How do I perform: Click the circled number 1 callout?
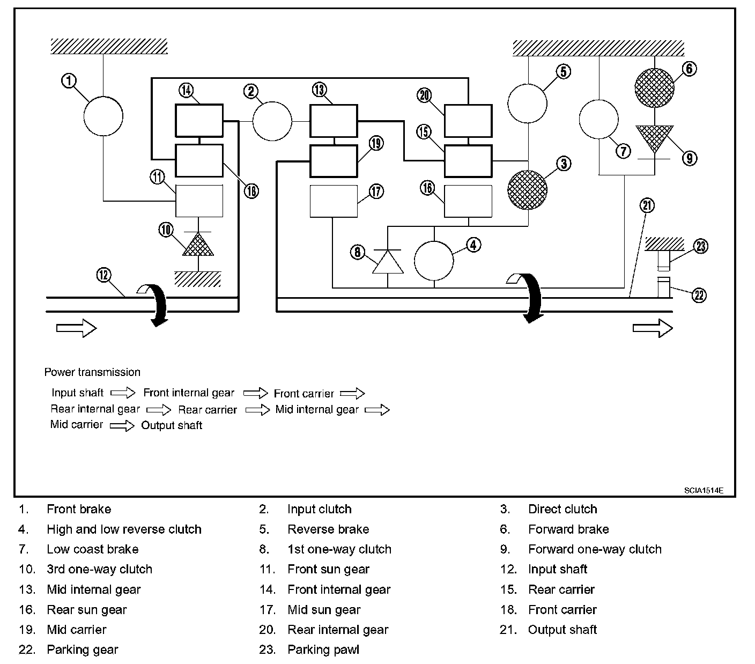pyautogui.click(x=69, y=80)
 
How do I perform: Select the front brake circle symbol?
pyautogui.click(x=103, y=116)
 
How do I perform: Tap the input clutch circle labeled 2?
pyautogui.click(x=272, y=121)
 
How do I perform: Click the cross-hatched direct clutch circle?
pyautogui.click(x=527, y=190)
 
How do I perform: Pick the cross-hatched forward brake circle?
pyautogui.click(x=654, y=88)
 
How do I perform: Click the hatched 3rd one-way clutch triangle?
pyautogui.click(x=198, y=244)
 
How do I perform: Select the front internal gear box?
pyautogui.click(x=199, y=121)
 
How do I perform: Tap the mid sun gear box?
pyautogui.click(x=334, y=201)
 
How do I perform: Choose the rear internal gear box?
pyautogui.click(x=468, y=121)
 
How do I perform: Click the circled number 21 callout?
pyautogui.click(x=647, y=205)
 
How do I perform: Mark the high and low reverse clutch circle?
pyautogui.click(x=434, y=261)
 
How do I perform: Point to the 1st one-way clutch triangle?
pyautogui.click(x=388, y=262)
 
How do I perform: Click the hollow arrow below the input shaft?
pyautogui.click(x=76, y=328)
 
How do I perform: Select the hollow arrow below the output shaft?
pyautogui.click(x=653, y=328)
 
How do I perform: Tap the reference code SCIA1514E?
pyautogui.click(x=704, y=490)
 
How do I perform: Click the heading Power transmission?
pyautogui.click(x=92, y=372)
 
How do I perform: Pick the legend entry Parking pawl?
pyautogui.click(x=323, y=650)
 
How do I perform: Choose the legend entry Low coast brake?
pyautogui.click(x=92, y=549)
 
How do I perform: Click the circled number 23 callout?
pyautogui.click(x=701, y=246)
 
